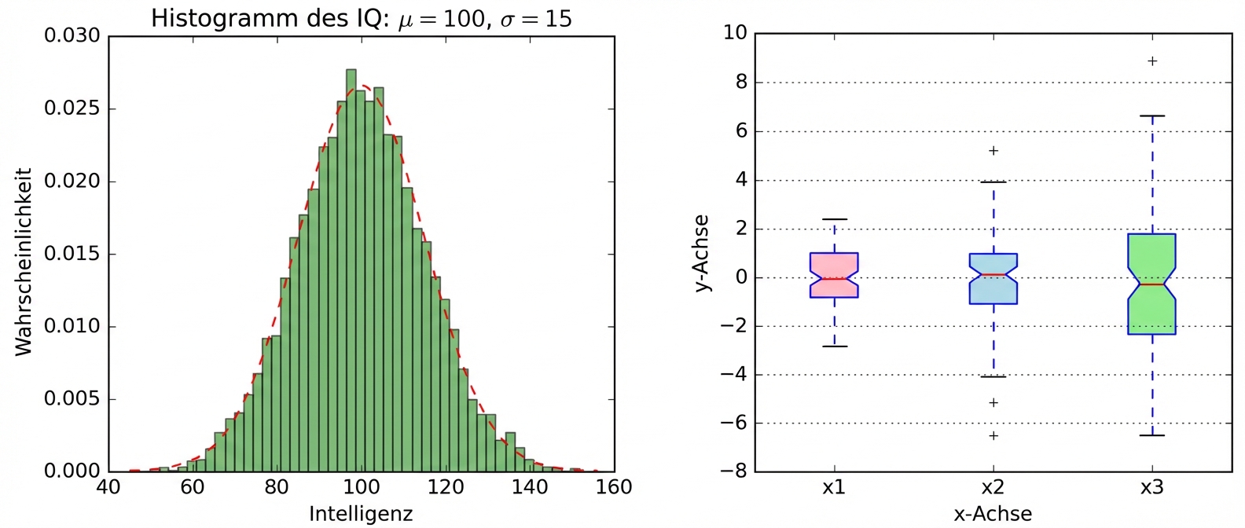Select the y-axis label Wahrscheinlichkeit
[x=24, y=262]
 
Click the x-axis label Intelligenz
[x=361, y=514]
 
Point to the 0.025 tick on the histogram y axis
[x=72, y=108]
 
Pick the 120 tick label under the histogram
[x=445, y=487]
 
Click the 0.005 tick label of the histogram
[x=72, y=399]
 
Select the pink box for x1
[x=834, y=275]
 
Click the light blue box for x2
[x=993, y=279]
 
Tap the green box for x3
[x=1152, y=284]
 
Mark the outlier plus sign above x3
[x=1152, y=61]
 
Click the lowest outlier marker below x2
[x=993, y=435]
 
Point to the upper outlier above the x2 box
[x=993, y=151]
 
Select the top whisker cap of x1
[x=834, y=219]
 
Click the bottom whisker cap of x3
[x=1152, y=435]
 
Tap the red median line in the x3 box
[x=1152, y=284]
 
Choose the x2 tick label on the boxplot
[x=993, y=487]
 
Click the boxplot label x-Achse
[x=993, y=514]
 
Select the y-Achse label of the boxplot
[x=702, y=253]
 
